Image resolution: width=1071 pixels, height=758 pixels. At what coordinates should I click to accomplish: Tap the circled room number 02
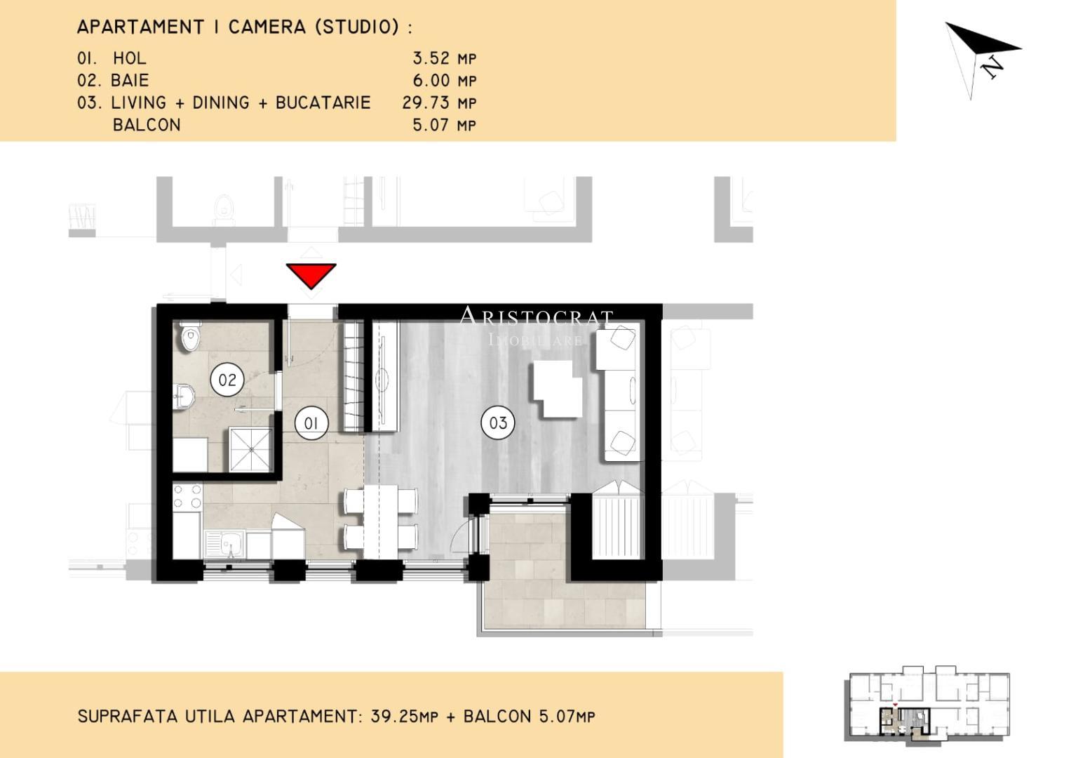(227, 380)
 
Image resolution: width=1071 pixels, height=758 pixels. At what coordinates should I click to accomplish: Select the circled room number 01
(311, 423)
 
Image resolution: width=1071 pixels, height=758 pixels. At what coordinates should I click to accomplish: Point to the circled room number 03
(498, 423)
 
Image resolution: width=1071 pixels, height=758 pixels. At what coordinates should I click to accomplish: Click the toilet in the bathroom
(190, 335)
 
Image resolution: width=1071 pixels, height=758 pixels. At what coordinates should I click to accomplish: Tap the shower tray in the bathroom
(250, 449)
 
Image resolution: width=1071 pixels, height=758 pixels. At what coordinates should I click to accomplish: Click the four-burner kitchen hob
(187, 496)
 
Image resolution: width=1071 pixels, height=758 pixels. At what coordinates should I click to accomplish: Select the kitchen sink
(224, 544)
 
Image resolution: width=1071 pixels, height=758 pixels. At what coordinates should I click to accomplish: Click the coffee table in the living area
(558, 389)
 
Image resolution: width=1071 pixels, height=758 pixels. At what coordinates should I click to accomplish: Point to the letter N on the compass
(991, 67)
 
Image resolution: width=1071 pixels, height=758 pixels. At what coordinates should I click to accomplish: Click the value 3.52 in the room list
(431, 58)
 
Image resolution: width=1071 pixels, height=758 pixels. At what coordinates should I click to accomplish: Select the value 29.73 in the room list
(426, 103)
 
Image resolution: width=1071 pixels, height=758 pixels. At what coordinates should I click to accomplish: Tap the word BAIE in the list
(130, 81)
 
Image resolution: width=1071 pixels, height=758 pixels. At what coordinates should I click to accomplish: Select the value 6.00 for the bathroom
(431, 81)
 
